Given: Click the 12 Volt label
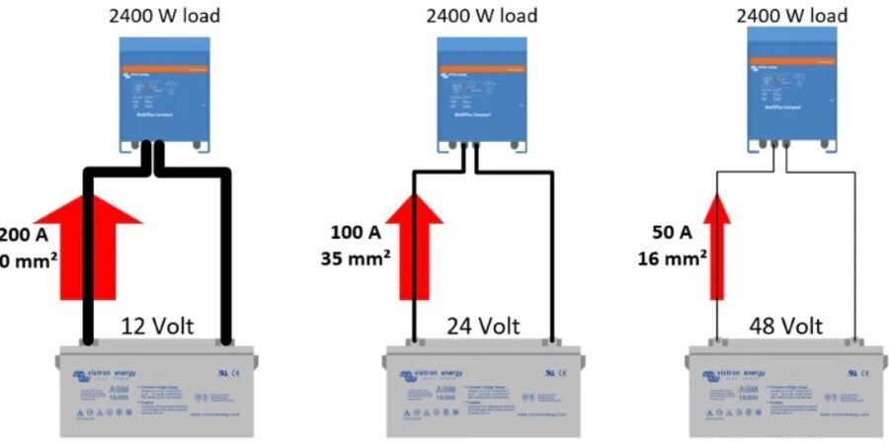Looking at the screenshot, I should [158, 326].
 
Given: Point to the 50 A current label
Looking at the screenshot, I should [672, 234].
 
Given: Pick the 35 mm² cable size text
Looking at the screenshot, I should [356, 262].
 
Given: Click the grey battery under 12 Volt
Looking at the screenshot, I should [158, 390].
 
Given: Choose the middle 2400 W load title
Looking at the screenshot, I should [481, 16].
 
